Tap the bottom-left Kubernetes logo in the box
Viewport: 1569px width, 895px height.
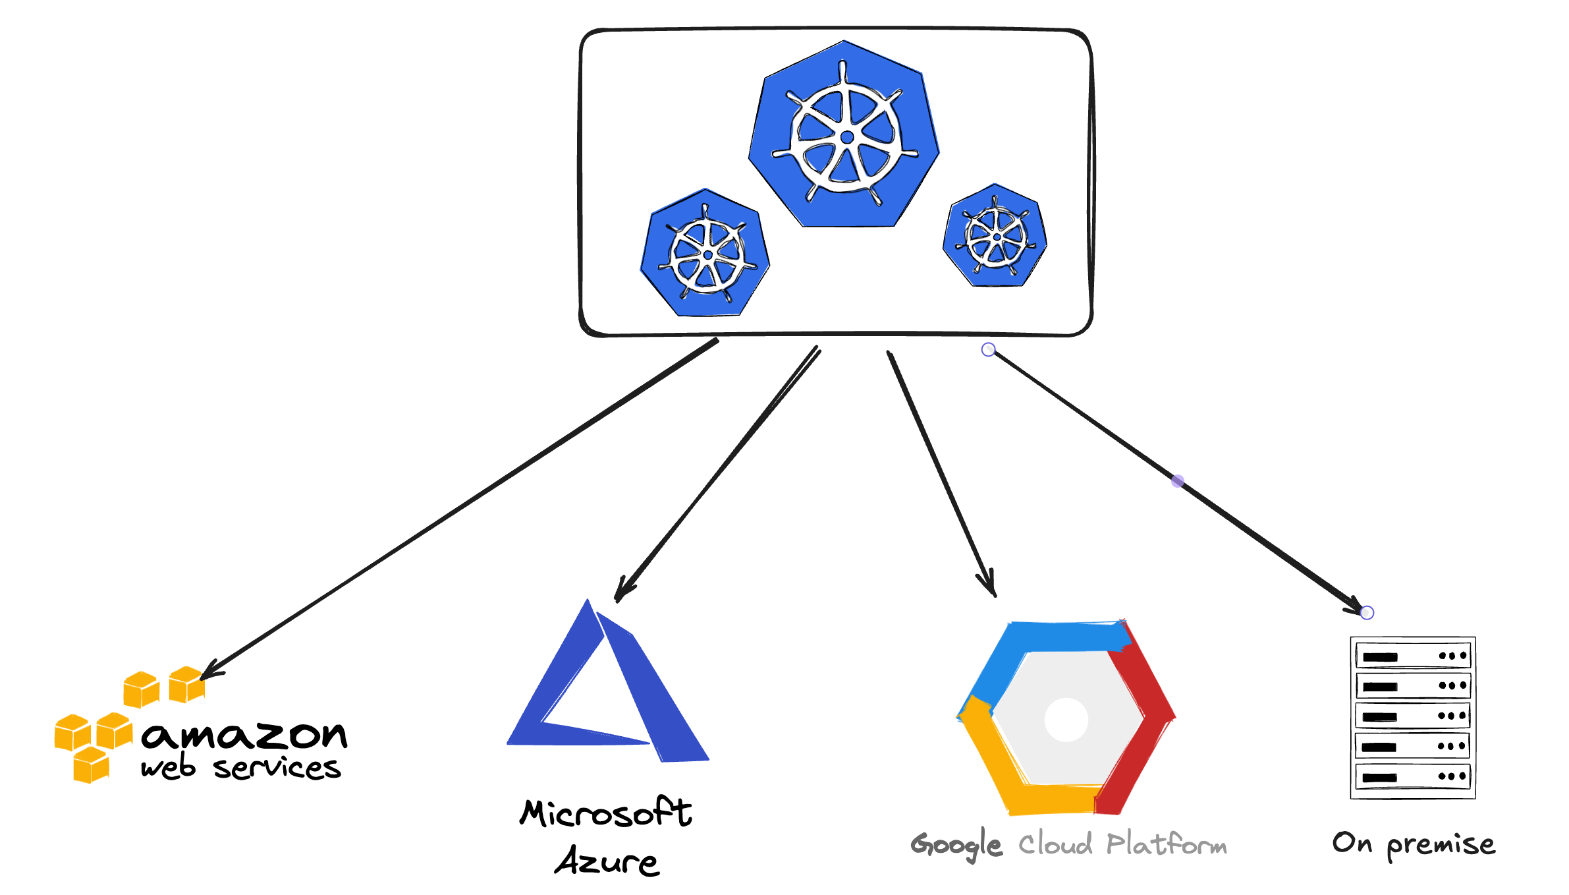(705, 254)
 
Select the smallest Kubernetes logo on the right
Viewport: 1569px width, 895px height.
(995, 237)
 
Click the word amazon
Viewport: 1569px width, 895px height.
(244, 734)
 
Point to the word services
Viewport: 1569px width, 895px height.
(277, 768)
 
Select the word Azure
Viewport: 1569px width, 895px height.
(607, 861)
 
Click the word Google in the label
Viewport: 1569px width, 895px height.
(956, 844)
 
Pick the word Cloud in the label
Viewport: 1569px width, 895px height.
(1055, 844)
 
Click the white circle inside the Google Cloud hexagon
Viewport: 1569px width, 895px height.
(1066, 719)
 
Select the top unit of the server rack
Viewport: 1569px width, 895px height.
(1413, 656)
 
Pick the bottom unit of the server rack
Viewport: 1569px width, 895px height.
(1413, 776)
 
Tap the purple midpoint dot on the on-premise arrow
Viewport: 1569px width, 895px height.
(1178, 481)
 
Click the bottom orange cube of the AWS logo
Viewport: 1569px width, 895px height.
(91, 765)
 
